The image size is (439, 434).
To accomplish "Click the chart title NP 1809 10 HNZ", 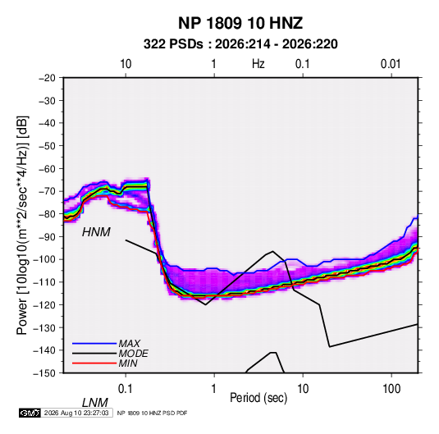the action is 240,23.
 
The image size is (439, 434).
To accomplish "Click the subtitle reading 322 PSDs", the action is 173,44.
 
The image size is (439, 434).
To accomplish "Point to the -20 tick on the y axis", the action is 47,78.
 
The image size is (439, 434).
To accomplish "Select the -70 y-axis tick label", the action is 47,191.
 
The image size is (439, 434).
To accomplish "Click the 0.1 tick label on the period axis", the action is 126,389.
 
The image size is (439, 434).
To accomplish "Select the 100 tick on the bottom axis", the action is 391,389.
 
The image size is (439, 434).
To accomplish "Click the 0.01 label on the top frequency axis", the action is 391,64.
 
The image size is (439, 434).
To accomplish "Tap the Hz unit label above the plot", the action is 258,64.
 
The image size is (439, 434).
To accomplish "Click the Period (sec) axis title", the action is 258,398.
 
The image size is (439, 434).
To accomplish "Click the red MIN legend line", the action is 94,363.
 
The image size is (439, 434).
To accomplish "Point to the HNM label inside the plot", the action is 96,232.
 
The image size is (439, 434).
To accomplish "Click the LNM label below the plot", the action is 94,403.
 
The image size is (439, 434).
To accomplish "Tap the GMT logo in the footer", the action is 30,413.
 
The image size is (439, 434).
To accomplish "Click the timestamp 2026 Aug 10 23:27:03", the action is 76,413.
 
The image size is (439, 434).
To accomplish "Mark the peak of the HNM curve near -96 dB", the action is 272,251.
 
